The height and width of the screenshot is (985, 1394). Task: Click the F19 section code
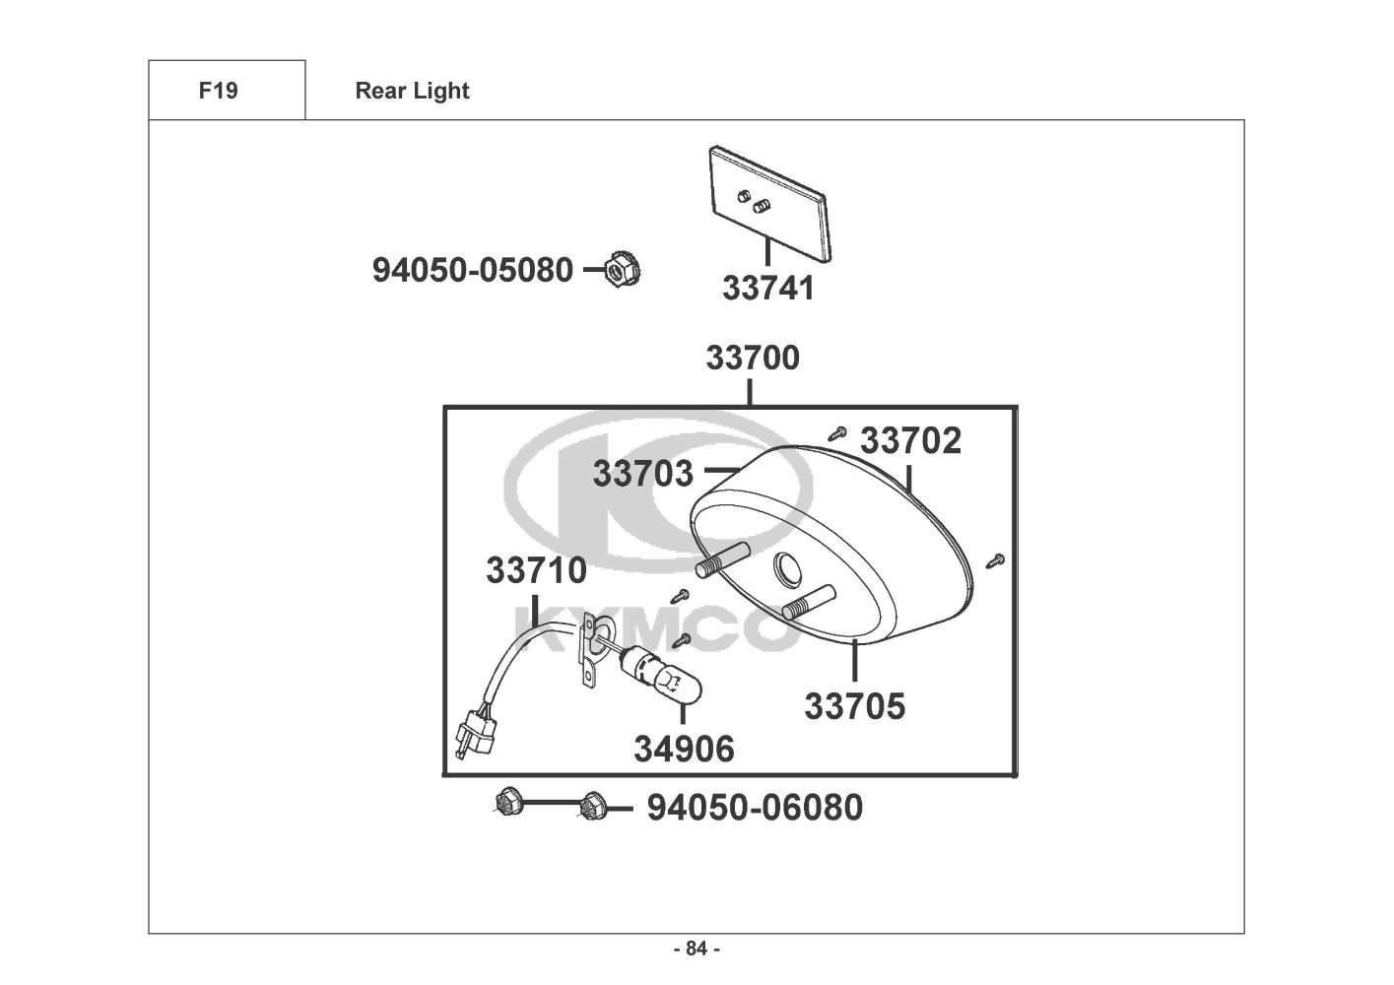click(x=218, y=91)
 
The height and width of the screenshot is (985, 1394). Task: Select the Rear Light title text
click(x=412, y=91)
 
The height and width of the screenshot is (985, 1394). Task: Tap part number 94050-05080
click(x=472, y=269)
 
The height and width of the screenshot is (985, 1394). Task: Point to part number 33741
click(x=768, y=288)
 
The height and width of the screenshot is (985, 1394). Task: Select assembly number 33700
click(x=753, y=358)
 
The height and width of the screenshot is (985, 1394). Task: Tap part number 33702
click(x=911, y=440)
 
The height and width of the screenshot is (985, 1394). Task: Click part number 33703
click(x=643, y=474)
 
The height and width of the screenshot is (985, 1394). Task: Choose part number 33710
click(x=536, y=570)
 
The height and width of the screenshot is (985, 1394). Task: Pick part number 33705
click(x=854, y=706)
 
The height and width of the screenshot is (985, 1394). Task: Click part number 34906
click(x=684, y=750)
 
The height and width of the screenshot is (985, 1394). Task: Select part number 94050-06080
click(x=755, y=808)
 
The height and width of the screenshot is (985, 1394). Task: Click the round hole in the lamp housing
click(x=789, y=568)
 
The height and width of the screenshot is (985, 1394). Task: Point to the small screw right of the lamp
click(x=994, y=560)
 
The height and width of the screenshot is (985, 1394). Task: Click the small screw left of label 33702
click(x=838, y=431)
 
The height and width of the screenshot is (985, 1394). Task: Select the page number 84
click(x=696, y=949)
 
